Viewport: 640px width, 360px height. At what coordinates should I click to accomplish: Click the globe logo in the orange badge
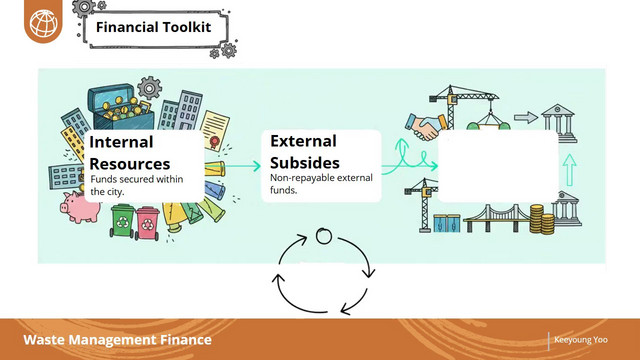pyautogui.click(x=43, y=23)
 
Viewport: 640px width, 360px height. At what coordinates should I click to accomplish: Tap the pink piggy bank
pyautogui.click(x=80, y=208)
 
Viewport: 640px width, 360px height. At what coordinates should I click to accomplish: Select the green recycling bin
pyautogui.click(x=122, y=221)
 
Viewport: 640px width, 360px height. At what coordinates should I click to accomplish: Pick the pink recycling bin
pyautogui.click(x=147, y=223)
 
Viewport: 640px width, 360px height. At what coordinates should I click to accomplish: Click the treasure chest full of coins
pyautogui.click(x=122, y=107)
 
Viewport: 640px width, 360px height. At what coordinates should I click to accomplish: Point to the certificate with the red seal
pyautogui.click(x=215, y=131)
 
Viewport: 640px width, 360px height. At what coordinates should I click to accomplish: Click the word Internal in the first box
pyautogui.click(x=121, y=142)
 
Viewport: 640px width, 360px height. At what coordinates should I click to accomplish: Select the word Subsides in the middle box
pyautogui.click(x=305, y=163)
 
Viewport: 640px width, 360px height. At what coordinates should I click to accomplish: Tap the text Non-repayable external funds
pyautogui.click(x=321, y=184)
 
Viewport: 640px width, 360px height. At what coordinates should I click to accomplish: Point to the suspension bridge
pyautogui.click(x=497, y=218)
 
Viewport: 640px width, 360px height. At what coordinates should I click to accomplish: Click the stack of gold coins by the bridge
pyautogui.click(x=542, y=219)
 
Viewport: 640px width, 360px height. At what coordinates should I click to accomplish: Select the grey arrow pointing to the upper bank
pyautogui.click(x=526, y=118)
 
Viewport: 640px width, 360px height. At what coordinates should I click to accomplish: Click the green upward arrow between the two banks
pyautogui.click(x=569, y=170)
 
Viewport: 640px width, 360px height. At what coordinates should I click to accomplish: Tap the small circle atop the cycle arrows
pyautogui.click(x=324, y=236)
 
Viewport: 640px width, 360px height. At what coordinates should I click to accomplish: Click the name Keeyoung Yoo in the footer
pyautogui.click(x=580, y=340)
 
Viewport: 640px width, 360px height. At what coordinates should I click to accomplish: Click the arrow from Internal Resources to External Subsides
pyautogui.click(x=242, y=166)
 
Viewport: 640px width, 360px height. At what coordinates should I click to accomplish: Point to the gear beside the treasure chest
pyautogui.click(x=149, y=88)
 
